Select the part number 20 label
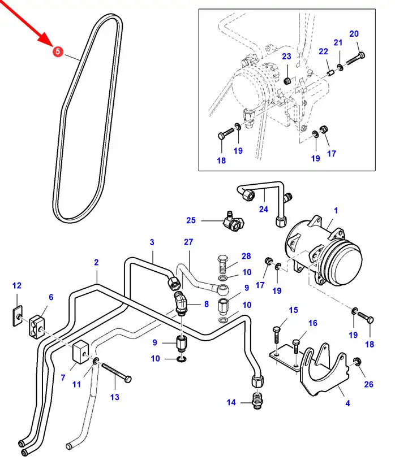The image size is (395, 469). pos(354,34)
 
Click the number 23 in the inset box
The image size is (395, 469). pos(286,56)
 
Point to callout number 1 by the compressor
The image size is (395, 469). pos(336,210)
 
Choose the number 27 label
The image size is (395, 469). pos(188,241)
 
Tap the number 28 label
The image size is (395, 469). pos(246,257)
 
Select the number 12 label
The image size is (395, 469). pos(16,285)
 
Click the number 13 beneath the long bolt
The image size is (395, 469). pos(115,397)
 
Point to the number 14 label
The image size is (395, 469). pos(231,403)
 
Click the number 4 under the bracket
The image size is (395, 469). pos(347,403)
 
